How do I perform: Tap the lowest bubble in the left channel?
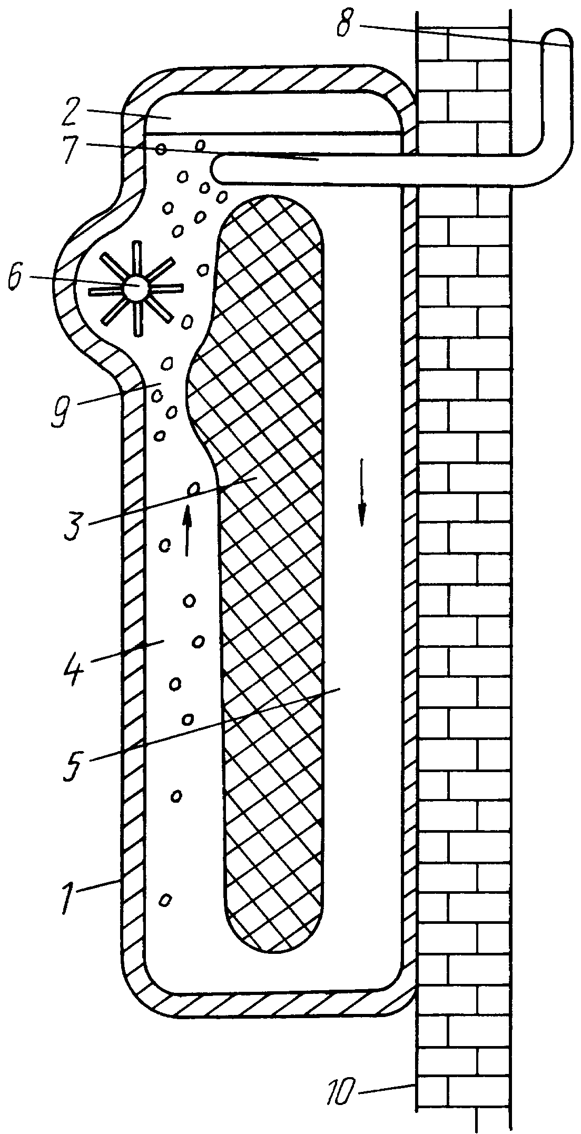click(x=166, y=899)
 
